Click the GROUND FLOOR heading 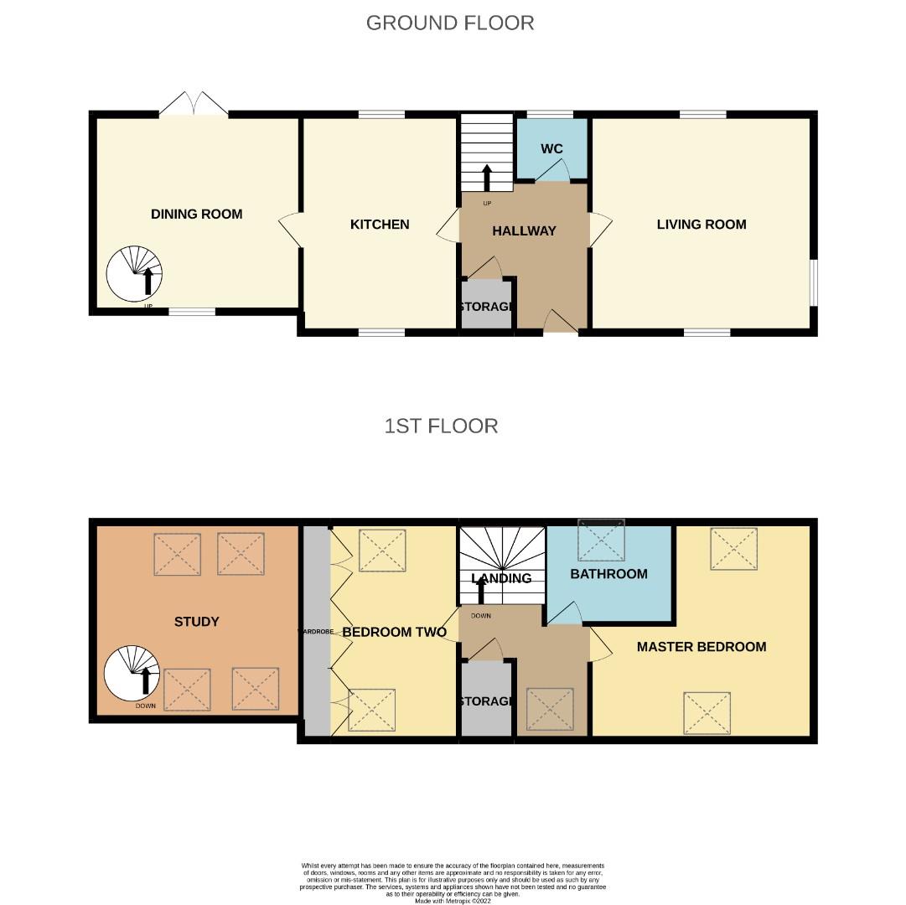tap(450, 23)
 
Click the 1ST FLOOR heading tap(441, 426)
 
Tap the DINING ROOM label tap(196, 215)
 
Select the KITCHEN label tap(380, 225)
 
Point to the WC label tap(551, 149)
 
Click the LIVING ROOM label tap(701, 225)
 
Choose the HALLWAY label tap(524, 231)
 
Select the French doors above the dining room tap(194, 105)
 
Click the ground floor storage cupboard tap(486, 306)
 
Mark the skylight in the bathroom tap(602, 540)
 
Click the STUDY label tap(196, 622)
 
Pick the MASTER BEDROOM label tap(701, 647)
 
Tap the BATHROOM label tap(608, 574)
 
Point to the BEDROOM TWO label tap(394, 633)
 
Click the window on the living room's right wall tap(811, 283)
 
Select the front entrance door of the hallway tap(560, 323)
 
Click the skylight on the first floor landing tap(550, 709)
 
